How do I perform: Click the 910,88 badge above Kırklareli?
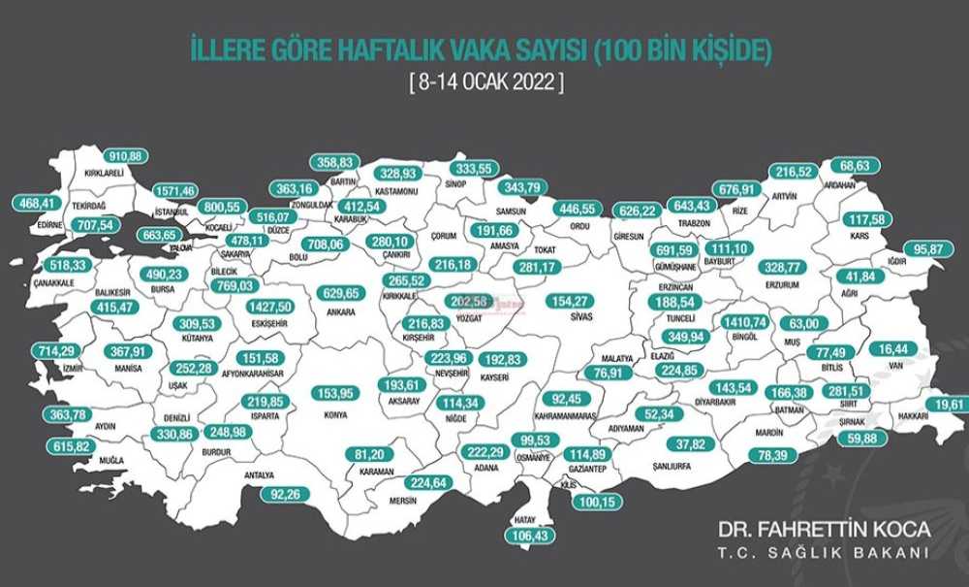126,155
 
